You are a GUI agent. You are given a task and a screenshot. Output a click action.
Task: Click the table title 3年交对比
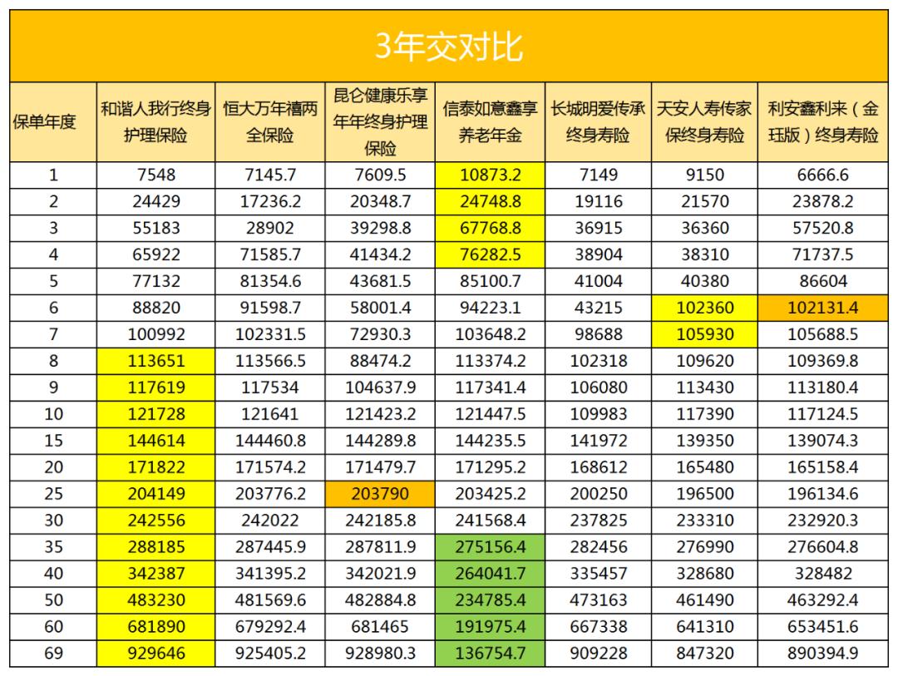tap(448, 47)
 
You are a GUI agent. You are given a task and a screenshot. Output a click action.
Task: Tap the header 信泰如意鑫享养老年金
tap(490, 122)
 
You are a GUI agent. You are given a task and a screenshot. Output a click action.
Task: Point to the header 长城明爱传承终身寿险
tap(598, 122)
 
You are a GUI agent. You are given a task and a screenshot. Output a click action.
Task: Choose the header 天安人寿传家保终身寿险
tap(704, 122)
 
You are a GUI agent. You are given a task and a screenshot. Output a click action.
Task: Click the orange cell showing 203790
tap(380, 494)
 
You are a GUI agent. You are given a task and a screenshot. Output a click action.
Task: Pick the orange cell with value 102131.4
tap(823, 308)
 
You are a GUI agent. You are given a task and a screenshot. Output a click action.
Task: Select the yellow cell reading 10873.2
tap(490, 175)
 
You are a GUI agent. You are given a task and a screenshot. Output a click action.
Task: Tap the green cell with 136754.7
tap(490, 654)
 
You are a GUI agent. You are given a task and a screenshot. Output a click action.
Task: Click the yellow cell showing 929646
tap(155, 654)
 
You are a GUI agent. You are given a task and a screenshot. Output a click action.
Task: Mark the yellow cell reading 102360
tap(704, 308)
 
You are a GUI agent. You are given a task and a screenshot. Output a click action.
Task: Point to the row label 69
tap(53, 654)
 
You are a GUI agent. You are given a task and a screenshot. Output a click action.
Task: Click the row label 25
tap(53, 494)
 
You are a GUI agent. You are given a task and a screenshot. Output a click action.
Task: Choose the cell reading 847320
tap(704, 654)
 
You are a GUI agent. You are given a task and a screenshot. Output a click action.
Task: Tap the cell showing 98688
tap(598, 334)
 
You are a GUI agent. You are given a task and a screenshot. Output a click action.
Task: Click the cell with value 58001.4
tap(380, 308)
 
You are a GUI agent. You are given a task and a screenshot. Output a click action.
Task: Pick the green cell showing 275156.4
tap(490, 547)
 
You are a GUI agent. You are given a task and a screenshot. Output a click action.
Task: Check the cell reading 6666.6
tap(823, 175)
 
